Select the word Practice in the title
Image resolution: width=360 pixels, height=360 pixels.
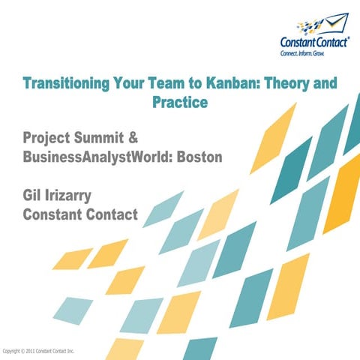(x=179, y=102)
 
